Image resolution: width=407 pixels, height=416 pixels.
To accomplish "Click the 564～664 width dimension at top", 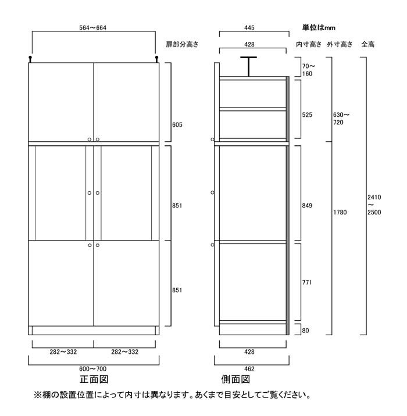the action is point(92,27).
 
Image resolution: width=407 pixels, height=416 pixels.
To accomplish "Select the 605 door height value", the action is point(177,125).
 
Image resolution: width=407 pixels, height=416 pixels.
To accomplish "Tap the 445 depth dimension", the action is point(249,27).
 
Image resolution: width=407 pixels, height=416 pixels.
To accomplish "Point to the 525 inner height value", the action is point(307,115).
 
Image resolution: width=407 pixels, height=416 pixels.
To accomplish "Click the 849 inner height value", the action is point(307,206).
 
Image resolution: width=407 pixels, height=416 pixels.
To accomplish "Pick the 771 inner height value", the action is point(307,282).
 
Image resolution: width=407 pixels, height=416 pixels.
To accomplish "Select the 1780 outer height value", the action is point(340,212).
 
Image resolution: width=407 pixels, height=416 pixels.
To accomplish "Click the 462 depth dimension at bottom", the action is point(249,369).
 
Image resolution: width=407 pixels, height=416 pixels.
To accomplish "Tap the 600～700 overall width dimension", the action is point(92,369).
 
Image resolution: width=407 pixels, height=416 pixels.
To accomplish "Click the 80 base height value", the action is point(305,331).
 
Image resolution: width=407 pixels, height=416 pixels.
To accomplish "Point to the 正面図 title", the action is point(94,379).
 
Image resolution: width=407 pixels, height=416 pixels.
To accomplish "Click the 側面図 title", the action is point(235,379).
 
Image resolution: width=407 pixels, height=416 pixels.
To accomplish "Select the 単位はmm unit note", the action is point(319,27).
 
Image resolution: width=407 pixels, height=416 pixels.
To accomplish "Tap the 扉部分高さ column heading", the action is point(182,44).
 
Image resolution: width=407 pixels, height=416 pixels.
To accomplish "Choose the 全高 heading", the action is point(367,44).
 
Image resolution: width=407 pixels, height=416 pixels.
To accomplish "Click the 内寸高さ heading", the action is point(309,44).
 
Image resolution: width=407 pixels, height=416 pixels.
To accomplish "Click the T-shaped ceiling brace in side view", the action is point(248,66).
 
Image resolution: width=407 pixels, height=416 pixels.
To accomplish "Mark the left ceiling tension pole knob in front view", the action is point(30,58).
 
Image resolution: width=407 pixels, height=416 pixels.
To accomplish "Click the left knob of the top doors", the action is point(90,139).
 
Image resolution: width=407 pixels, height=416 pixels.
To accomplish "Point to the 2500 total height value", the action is point(374,212).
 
